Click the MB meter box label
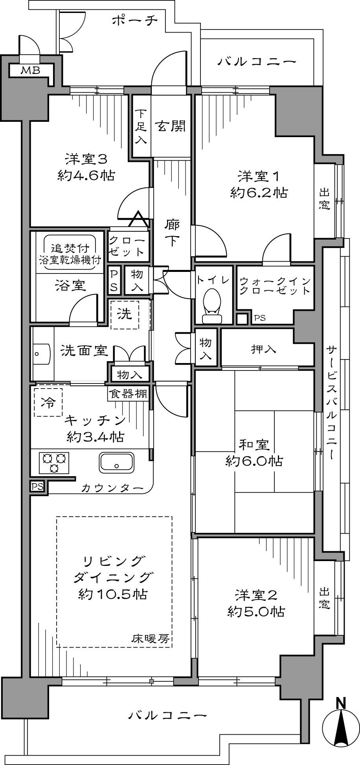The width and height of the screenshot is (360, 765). click(x=30, y=71)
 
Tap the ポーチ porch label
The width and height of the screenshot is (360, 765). click(x=135, y=20)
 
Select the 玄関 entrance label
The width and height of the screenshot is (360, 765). click(x=170, y=126)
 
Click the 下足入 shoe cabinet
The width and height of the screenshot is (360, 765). click(x=141, y=126)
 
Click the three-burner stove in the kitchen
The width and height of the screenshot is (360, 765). click(x=54, y=462)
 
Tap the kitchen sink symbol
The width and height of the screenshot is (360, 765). click(x=117, y=462)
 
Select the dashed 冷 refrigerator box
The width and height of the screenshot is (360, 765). click(x=48, y=402)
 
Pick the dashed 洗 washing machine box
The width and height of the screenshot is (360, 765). click(x=125, y=314)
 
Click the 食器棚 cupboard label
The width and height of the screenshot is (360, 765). click(x=128, y=394)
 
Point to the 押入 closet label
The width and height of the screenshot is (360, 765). click(x=263, y=349)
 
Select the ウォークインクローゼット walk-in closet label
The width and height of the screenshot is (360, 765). click(x=275, y=286)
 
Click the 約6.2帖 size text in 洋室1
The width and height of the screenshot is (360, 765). click(x=259, y=193)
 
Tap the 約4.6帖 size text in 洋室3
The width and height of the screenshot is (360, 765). click(x=86, y=175)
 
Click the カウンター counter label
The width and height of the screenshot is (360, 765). click(x=112, y=488)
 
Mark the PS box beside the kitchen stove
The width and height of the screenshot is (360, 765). click(x=37, y=486)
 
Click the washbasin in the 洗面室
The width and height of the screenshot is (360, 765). click(x=41, y=353)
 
